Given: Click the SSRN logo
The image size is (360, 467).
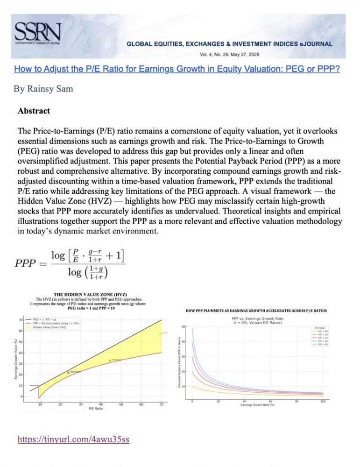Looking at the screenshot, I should point(37,33).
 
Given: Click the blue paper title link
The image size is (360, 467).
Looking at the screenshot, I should point(177,69).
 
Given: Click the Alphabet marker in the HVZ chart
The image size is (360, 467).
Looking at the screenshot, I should point(69,372).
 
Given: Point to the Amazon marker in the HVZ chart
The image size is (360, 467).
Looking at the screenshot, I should point(110,361).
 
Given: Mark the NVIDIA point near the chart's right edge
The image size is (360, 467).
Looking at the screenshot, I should point(160,333).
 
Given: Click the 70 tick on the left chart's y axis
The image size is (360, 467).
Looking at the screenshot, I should point(21,320).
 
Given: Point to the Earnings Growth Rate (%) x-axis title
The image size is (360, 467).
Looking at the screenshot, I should point(257,404).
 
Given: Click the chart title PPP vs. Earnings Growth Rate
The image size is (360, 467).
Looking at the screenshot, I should point(257,318).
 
